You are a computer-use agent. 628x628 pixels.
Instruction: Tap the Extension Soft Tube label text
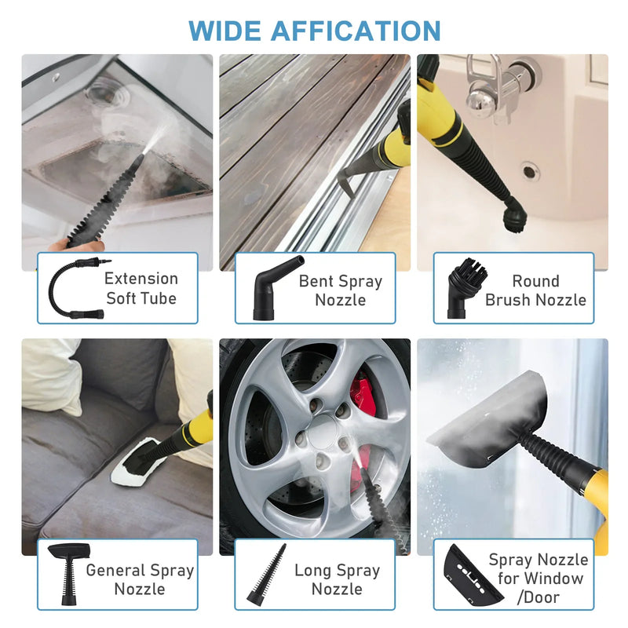coord(141,288)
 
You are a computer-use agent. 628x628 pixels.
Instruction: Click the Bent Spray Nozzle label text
coord(341,290)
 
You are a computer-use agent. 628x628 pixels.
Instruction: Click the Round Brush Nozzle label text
coord(535,290)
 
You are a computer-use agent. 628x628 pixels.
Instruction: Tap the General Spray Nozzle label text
coord(140,579)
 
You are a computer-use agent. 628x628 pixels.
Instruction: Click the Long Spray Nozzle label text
coord(337,579)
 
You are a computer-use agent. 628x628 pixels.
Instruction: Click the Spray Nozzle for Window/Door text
coord(538,579)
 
